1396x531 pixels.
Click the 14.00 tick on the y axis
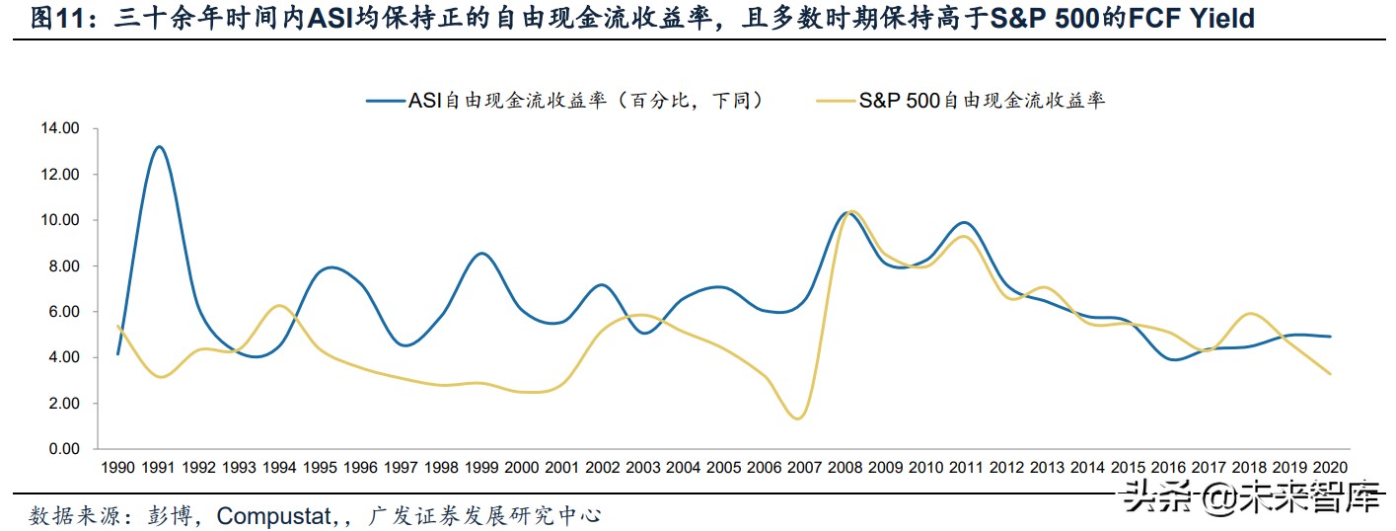[x=58, y=128]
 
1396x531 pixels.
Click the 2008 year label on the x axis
[x=847, y=467]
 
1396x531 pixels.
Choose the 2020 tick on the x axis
[x=1331, y=467]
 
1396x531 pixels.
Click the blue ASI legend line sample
[x=386, y=100]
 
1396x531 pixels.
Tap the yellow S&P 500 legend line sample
[x=837, y=100]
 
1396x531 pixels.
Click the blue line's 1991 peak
[x=159, y=146]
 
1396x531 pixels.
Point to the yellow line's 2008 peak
[x=851, y=211]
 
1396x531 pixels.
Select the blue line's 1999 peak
[x=480, y=254]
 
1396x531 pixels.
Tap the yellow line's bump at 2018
[x=1251, y=314]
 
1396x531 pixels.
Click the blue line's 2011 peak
[x=965, y=222]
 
